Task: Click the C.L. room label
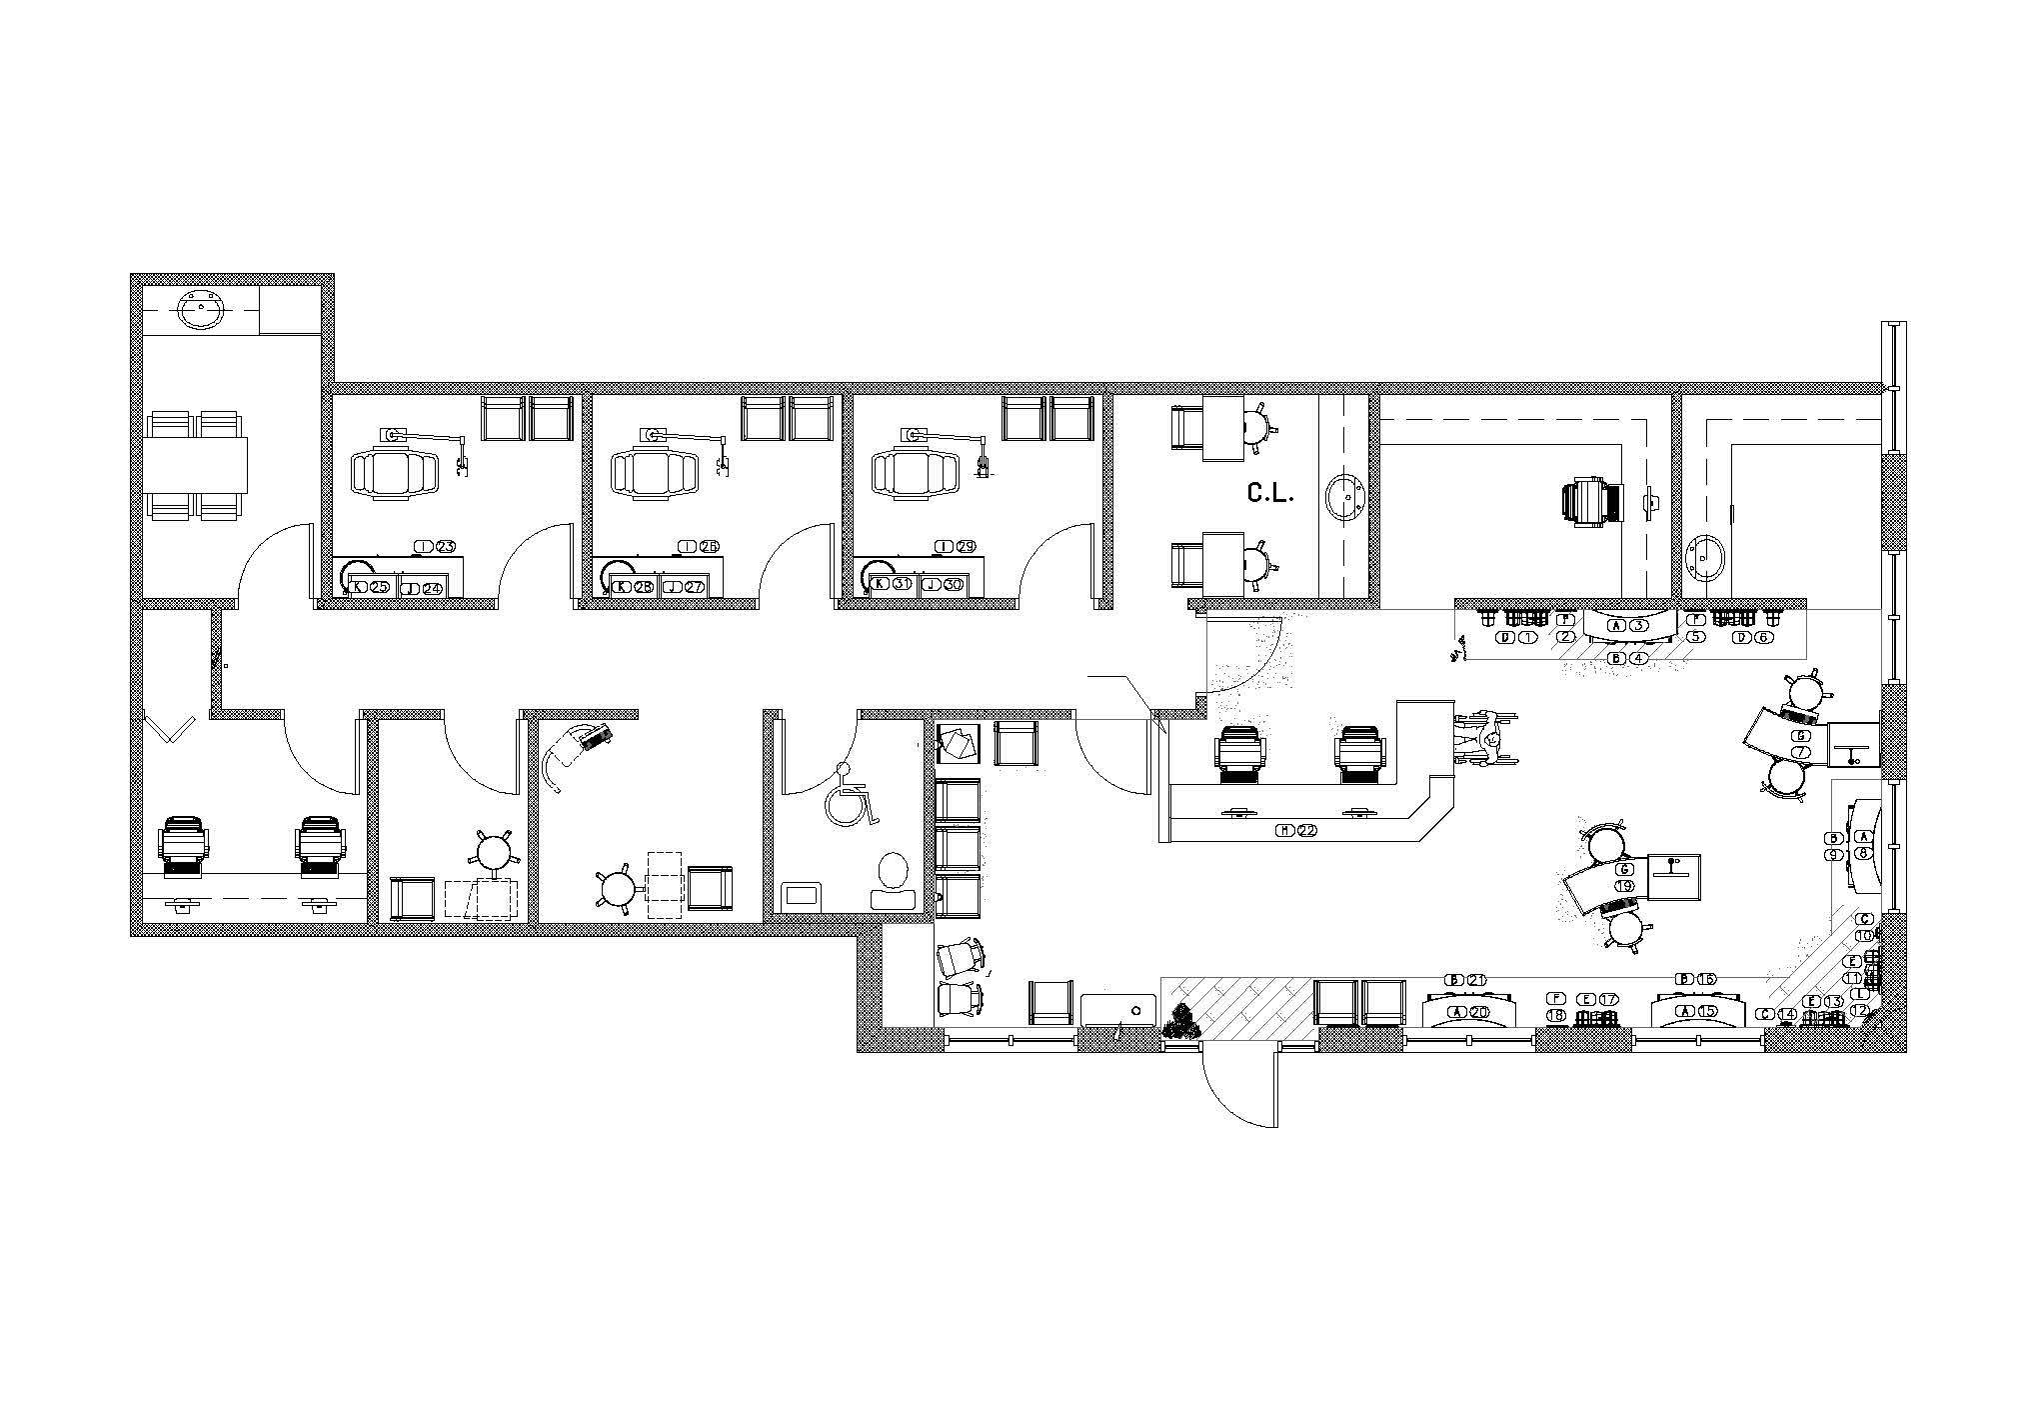tap(1269, 492)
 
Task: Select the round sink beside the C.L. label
tap(1346, 497)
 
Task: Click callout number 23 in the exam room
tap(445, 546)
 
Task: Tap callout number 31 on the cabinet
tap(902, 584)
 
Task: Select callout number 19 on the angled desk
tap(1624, 886)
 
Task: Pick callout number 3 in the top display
tap(1637, 625)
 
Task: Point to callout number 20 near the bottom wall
tap(1477, 1012)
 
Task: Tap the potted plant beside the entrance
tap(1182, 1021)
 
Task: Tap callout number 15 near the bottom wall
tap(1707, 1012)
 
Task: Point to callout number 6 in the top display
tap(1764, 637)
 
